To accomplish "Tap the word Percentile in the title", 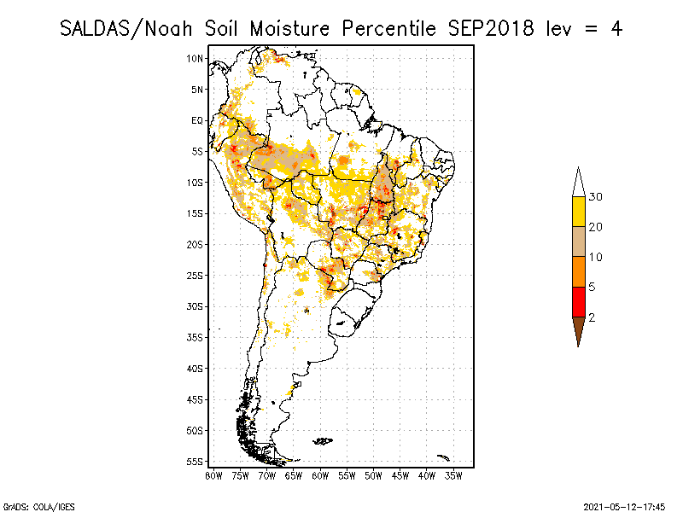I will [388, 28].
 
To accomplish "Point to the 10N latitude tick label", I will [196, 59].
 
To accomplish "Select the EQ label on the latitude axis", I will [197, 120].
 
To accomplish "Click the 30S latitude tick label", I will [196, 306].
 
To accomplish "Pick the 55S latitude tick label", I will [196, 462].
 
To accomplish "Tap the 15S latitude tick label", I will [196, 213].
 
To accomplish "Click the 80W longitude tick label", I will [213, 474].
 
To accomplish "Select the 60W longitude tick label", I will [320, 474].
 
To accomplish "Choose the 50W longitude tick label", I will [373, 474].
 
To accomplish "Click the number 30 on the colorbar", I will [596, 197].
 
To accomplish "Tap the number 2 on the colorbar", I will [592, 317].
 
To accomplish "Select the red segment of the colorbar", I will [578, 302].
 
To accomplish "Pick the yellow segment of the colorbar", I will [578, 212].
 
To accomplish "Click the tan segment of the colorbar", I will [578, 241].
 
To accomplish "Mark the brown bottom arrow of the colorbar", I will [578, 329].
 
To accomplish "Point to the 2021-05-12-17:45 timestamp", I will [624, 505].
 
